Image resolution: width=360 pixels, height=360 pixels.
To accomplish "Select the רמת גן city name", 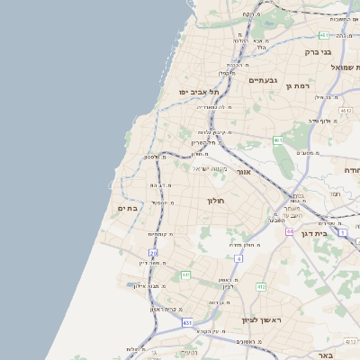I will [x=297, y=85].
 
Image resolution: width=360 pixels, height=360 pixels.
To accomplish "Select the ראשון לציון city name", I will [x=262, y=319].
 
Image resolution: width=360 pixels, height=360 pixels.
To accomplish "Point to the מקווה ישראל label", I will [x=213, y=168].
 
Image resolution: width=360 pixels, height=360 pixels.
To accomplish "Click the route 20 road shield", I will [x=153, y=255].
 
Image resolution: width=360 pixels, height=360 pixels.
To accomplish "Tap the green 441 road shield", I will [x=185, y=274].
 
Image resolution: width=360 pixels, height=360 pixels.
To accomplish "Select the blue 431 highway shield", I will [x=186, y=322].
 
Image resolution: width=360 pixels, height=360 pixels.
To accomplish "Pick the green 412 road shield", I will [x=261, y=286].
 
